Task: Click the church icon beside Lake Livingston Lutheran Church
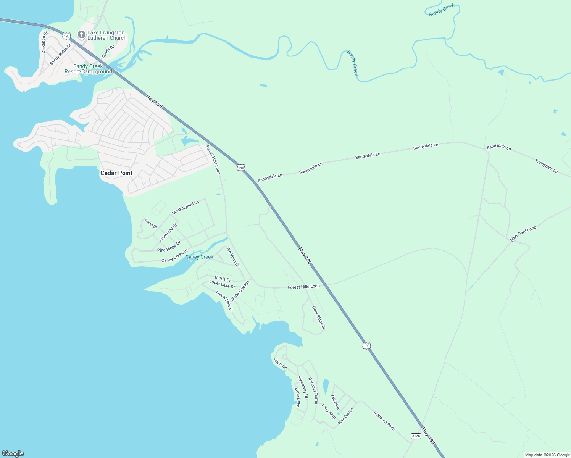[x=81, y=35]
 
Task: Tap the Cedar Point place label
[x=116, y=173]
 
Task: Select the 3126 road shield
[x=416, y=436]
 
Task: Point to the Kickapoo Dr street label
[x=45, y=42]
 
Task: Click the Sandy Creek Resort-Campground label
[x=88, y=69]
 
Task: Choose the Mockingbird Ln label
[x=185, y=208]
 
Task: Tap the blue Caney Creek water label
[x=199, y=257]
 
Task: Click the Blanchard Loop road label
[x=523, y=234]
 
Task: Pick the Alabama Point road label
[x=384, y=421]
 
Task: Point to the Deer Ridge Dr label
[x=319, y=318]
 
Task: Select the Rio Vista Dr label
[x=233, y=257]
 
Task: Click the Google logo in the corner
[x=13, y=453]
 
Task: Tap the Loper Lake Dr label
[x=222, y=284]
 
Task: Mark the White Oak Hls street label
[x=240, y=291]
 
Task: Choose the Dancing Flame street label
[x=313, y=390]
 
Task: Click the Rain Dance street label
[x=345, y=416]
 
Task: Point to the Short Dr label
[x=280, y=363]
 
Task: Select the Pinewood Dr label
[x=168, y=232]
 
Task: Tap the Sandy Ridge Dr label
[x=60, y=54]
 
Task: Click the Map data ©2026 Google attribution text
[x=547, y=455]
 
